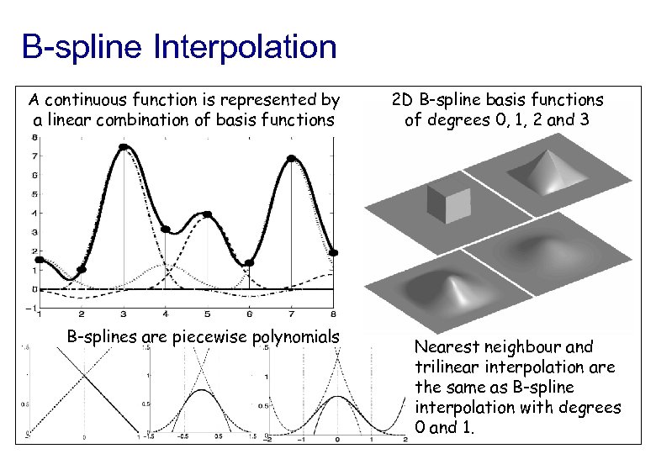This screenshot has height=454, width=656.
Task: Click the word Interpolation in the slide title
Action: [246, 47]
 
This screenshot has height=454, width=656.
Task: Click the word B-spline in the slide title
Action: [82, 47]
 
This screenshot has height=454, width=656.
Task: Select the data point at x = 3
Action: [123, 147]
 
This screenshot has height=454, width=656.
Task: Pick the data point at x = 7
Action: [291, 158]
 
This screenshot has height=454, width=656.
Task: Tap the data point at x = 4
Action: [165, 229]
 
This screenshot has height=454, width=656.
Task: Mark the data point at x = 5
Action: [207, 214]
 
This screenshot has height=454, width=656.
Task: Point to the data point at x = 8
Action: [333, 252]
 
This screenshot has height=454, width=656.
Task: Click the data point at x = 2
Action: [81, 270]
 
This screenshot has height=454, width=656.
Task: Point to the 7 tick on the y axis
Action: [33, 156]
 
